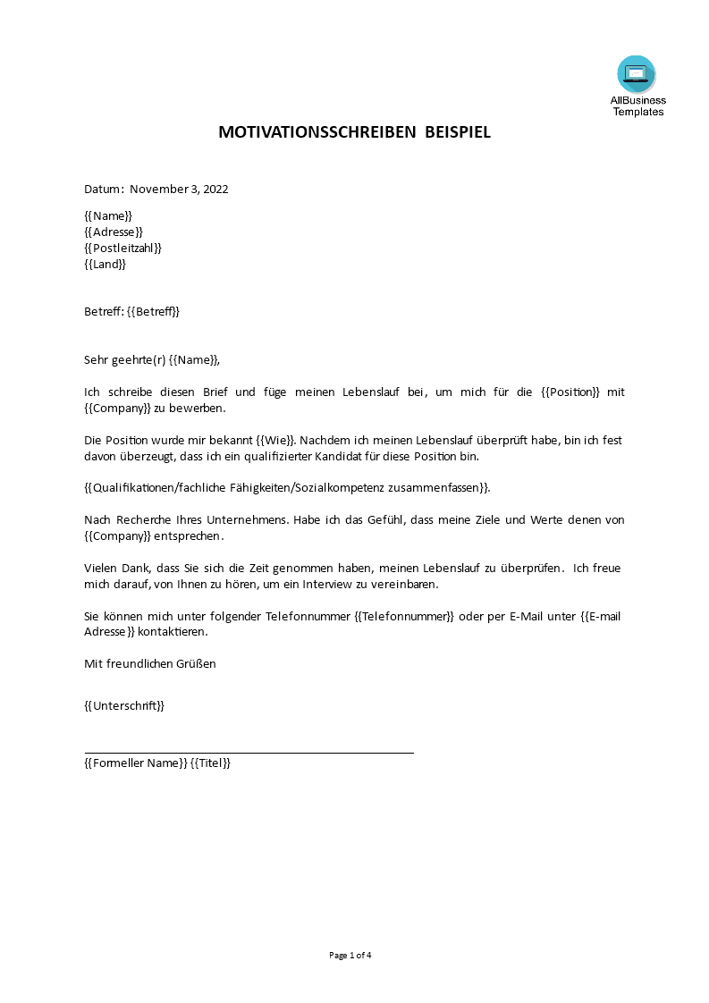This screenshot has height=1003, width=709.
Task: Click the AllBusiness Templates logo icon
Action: click(636, 75)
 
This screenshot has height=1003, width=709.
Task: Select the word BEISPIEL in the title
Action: click(458, 133)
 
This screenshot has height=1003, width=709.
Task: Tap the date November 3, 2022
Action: click(179, 189)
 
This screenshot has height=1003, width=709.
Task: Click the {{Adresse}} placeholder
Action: click(114, 232)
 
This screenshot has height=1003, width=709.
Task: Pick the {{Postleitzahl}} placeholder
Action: click(123, 248)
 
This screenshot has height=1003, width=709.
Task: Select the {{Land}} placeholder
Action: click(106, 264)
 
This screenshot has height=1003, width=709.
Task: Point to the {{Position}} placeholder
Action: click(570, 392)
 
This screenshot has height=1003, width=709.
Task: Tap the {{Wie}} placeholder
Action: click(275, 441)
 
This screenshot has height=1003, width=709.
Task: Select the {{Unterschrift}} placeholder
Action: click(124, 705)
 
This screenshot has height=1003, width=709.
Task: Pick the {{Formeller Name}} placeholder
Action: click(135, 763)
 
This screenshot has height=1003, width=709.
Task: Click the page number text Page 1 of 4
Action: click(350, 955)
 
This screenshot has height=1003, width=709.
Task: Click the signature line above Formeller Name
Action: click(249, 753)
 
